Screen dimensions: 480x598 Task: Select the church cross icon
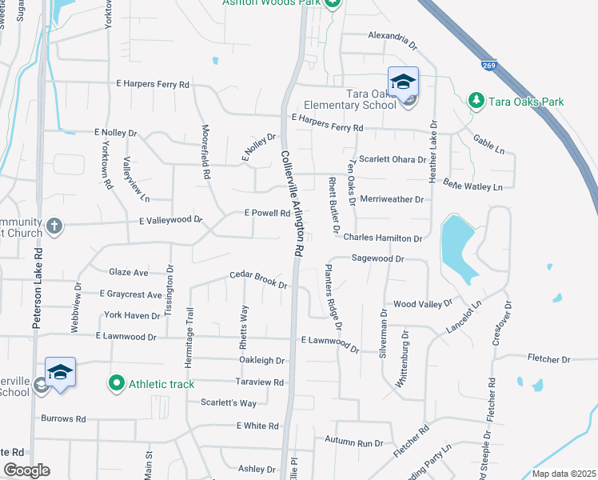54,225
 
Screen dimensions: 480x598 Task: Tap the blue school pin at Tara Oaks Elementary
403,82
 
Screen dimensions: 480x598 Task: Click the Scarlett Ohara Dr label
391,159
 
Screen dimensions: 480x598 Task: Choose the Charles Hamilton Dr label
382,238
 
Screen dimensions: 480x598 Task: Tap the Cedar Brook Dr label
257,278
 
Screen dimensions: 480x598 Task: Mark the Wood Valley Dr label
423,304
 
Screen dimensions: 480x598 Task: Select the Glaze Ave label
129,273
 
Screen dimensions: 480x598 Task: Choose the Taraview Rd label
261,382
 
